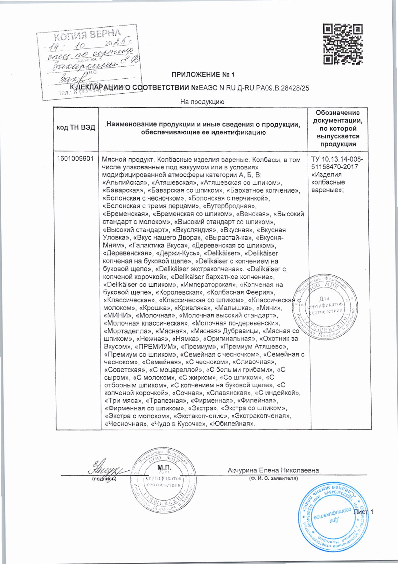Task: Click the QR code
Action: click(x=343, y=44)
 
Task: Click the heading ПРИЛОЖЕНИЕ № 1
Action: click(x=203, y=75)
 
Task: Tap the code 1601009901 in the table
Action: click(x=75, y=159)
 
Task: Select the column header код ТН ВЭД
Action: click(x=76, y=128)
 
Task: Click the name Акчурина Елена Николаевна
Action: click(x=273, y=470)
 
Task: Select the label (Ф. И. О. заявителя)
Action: click(x=273, y=478)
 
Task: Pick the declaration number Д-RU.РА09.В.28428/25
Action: click(x=273, y=88)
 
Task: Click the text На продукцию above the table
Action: click(x=202, y=102)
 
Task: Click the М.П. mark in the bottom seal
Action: click(x=164, y=468)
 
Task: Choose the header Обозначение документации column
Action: click(x=338, y=128)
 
